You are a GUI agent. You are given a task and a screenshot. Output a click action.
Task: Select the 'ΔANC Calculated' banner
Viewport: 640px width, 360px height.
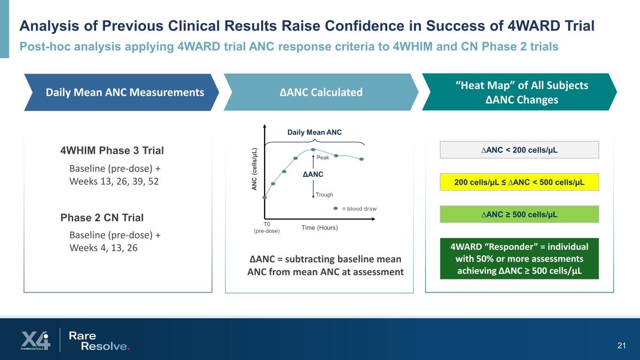coord(321,92)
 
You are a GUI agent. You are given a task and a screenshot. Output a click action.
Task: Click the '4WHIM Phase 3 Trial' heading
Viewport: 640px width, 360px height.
coord(112,150)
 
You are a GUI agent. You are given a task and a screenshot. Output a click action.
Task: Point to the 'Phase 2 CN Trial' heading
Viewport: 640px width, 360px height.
coord(102,217)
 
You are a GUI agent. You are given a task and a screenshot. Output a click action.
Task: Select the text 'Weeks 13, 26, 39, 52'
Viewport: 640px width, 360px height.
coord(114,181)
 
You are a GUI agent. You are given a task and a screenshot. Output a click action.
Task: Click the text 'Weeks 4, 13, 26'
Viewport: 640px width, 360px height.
coord(104,247)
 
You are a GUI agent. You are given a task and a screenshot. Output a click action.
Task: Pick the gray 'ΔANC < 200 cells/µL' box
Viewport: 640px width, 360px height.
coord(519,150)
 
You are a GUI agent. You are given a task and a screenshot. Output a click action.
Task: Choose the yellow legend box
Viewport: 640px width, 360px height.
coord(519,181)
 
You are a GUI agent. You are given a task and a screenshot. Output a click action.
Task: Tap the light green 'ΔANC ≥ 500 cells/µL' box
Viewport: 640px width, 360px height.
coord(519,214)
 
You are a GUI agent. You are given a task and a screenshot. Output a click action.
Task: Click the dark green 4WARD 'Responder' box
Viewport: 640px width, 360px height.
coord(519,259)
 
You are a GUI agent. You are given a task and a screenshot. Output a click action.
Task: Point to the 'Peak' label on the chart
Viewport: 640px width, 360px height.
coord(323,157)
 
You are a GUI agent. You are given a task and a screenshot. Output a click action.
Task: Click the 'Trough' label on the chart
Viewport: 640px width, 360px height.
coord(324,195)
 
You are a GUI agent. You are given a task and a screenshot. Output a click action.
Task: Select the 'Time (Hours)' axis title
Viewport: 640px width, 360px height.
coord(319,228)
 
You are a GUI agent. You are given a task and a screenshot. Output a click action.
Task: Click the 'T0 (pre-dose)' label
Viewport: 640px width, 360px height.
coord(266,227)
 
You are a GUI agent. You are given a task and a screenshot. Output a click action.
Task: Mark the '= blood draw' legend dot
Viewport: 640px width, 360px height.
coord(336,209)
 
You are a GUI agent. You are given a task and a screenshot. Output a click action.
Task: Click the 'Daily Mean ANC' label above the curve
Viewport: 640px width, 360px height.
coord(314,133)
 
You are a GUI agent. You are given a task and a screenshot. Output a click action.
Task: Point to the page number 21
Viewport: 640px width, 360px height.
coord(622,346)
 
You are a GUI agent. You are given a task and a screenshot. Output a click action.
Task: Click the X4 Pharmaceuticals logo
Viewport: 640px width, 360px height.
coord(35,340)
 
